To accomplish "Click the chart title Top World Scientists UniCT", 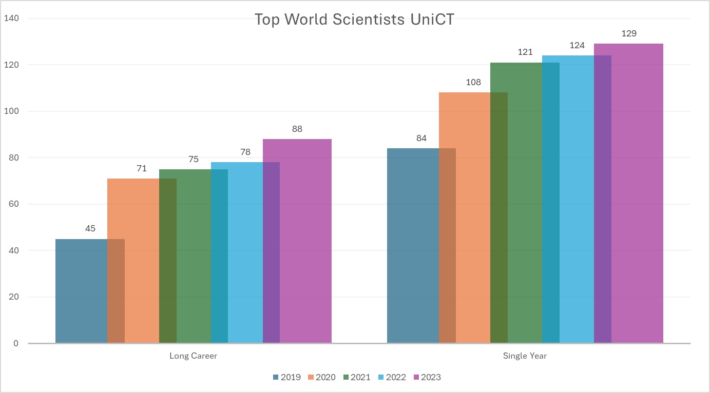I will tap(354, 20).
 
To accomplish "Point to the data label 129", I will tap(628, 34).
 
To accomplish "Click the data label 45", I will tap(90, 229).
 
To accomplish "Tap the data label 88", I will tap(297, 129).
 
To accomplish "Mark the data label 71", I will tap(142, 169).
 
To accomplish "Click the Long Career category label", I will tap(193, 356).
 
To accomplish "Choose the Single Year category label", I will tap(525, 356).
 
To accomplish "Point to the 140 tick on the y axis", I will tap(11, 18).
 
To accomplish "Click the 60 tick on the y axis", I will tap(14, 204).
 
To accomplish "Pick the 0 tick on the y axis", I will tap(16, 343).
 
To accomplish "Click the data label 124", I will tap(577, 46).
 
